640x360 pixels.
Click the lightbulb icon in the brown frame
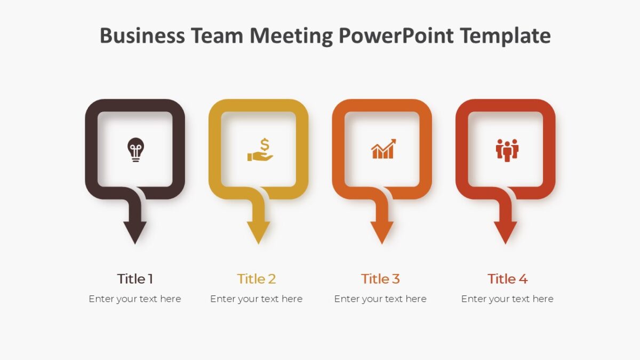pyautogui.click(x=135, y=149)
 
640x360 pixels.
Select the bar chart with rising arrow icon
pyautogui.click(x=383, y=149)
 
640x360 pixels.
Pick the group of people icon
pyautogui.click(x=507, y=149)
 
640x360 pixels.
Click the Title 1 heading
pyautogui.click(x=135, y=278)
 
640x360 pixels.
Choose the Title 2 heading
pyautogui.click(x=257, y=278)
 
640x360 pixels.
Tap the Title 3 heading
pyautogui.click(x=380, y=278)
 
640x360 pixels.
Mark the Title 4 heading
pyautogui.click(x=507, y=278)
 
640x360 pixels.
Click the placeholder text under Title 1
pyautogui.click(x=135, y=299)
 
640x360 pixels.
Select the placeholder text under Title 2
pyautogui.click(x=257, y=299)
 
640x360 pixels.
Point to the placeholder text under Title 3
pyautogui.click(x=380, y=299)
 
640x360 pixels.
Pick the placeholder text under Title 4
pyautogui.click(x=507, y=299)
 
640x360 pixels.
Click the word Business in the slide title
pyautogui.click(x=142, y=36)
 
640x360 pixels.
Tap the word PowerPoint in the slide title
pyautogui.click(x=396, y=36)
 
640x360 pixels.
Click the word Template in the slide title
pyautogui.click(x=505, y=36)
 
